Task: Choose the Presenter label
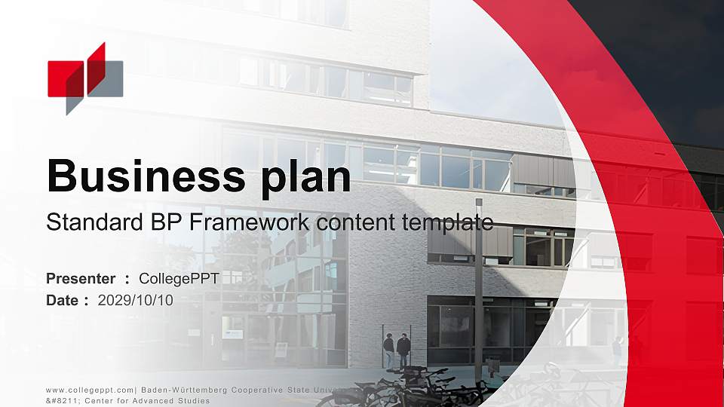click(x=81, y=279)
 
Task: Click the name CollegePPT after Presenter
click(x=179, y=279)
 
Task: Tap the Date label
click(x=63, y=300)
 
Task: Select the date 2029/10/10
click(x=136, y=300)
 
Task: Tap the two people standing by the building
click(x=397, y=350)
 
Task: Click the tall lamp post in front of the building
click(x=478, y=286)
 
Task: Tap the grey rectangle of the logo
click(x=110, y=78)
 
